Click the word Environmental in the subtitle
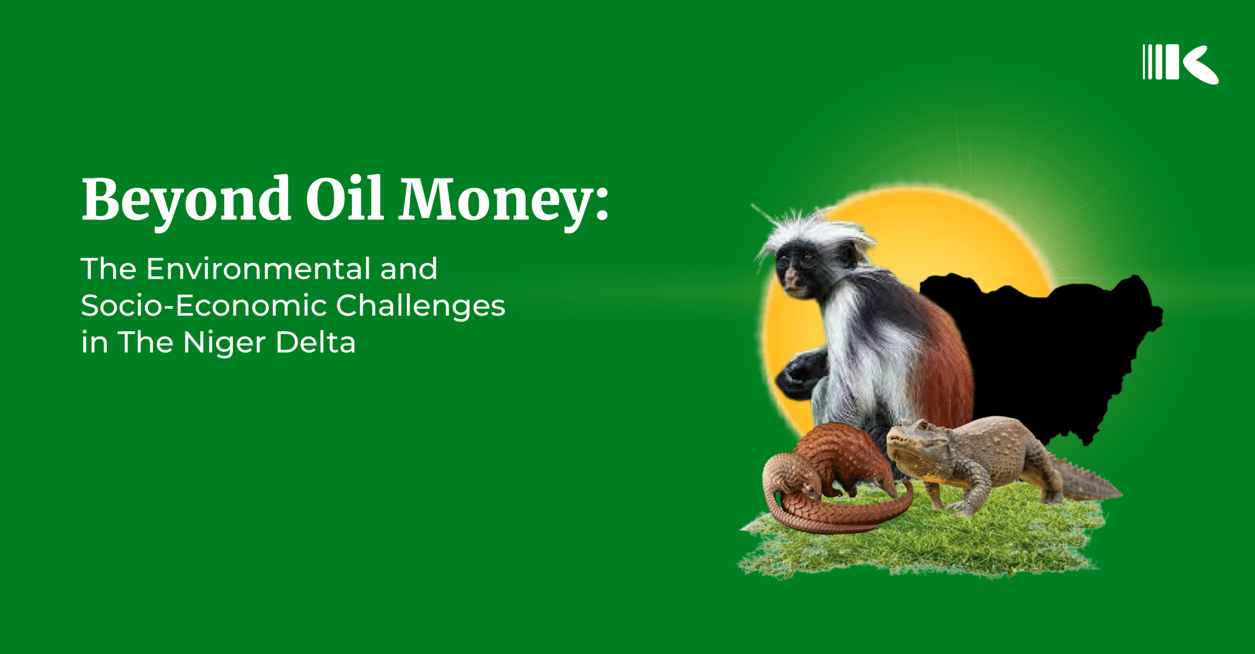tap(258, 269)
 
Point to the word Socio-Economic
tap(203, 306)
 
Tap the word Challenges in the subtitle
tap(421, 306)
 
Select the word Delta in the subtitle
tap(316, 342)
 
